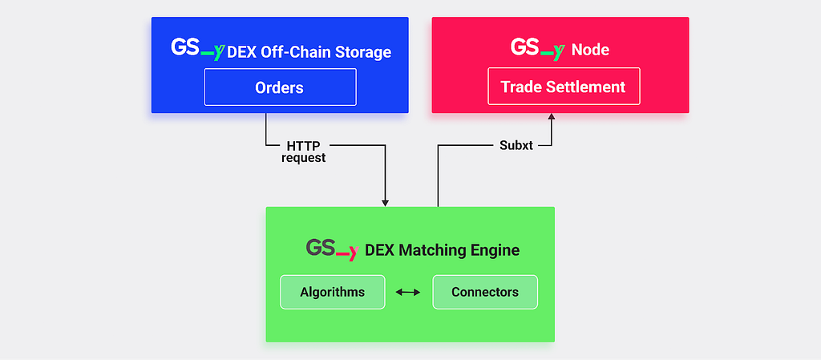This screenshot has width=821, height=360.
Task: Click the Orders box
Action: click(280, 87)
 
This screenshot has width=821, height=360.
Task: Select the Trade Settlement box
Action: click(564, 87)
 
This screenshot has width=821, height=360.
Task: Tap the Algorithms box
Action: click(333, 292)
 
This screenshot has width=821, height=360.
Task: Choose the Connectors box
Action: click(485, 292)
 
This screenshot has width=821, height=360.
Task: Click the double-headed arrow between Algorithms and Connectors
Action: click(408, 292)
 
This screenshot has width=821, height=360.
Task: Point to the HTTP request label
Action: click(304, 152)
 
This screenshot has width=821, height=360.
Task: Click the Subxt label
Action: click(516, 146)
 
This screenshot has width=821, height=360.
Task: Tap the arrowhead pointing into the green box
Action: click(386, 203)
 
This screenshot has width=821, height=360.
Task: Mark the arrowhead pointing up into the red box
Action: click(552, 116)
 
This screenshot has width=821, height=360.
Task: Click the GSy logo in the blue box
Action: click(198, 49)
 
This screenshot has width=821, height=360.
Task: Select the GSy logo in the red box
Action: click(538, 49)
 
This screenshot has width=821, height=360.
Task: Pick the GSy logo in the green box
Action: click(333, 249)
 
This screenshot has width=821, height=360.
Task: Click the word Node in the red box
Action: click(590, 51)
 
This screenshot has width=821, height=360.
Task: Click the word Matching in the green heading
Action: click(431, 251)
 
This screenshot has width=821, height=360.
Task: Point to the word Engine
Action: click(494, 251)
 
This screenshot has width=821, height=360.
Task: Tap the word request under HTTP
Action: click(304, 158)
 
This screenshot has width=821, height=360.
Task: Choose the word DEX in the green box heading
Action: click(379, 251)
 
